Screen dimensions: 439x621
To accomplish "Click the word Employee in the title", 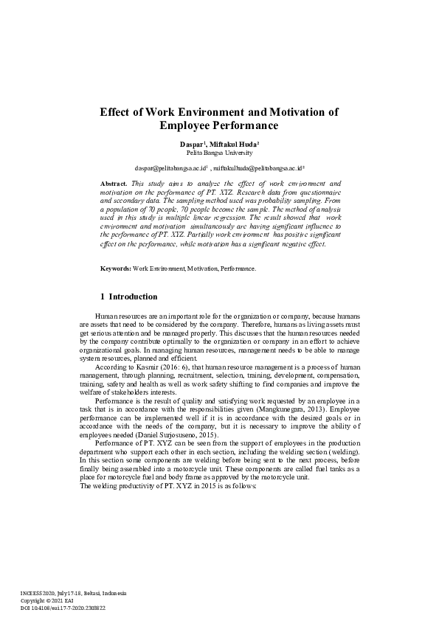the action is [185, 126].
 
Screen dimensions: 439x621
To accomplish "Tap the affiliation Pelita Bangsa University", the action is [219, 153].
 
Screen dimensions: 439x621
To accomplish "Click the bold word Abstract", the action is [113, 183].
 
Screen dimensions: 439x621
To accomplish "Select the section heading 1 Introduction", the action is [128, 297].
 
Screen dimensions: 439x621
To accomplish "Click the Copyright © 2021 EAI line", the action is [48, 601].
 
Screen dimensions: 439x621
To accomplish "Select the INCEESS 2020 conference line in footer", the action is [73, 594].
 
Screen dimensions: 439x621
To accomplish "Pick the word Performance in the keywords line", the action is [238, 268].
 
